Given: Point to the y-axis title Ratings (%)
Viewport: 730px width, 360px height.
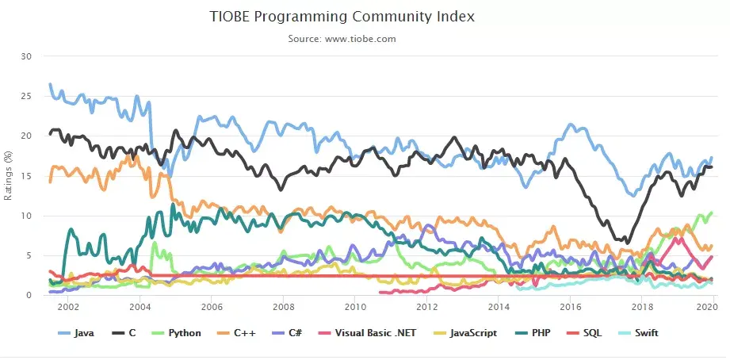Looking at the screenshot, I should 9,175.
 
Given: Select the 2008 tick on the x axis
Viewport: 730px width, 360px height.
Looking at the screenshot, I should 282,308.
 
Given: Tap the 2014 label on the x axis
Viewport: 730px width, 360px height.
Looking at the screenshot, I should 498,308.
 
